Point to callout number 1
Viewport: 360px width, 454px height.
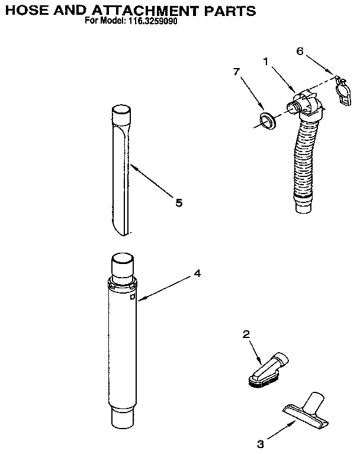click(266, 60)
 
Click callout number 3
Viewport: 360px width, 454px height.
click(259, 442)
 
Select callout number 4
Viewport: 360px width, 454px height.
click(197, 273)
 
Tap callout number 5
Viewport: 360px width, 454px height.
click(178, 203)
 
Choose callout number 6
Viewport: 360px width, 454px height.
click(300, 51)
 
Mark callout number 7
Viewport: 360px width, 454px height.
click(236, 72)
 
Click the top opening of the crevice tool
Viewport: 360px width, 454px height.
click(120, 110)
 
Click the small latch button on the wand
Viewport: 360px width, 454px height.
click(133, 297)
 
